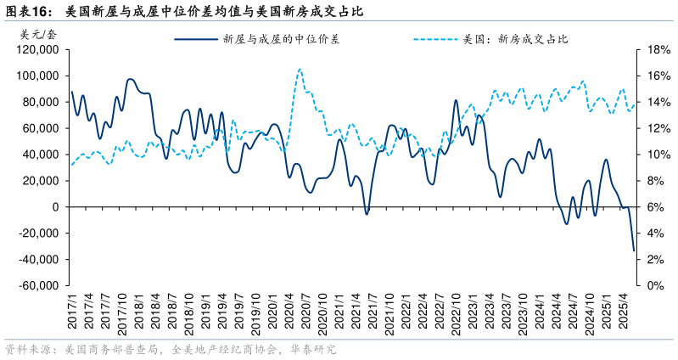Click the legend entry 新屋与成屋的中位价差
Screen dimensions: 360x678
[x=281, y=39]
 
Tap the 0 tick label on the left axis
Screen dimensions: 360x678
[x=54, y=207]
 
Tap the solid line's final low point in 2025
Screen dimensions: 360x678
[x=633, y=250]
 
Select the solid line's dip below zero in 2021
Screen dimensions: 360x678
[x=367, y=213]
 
